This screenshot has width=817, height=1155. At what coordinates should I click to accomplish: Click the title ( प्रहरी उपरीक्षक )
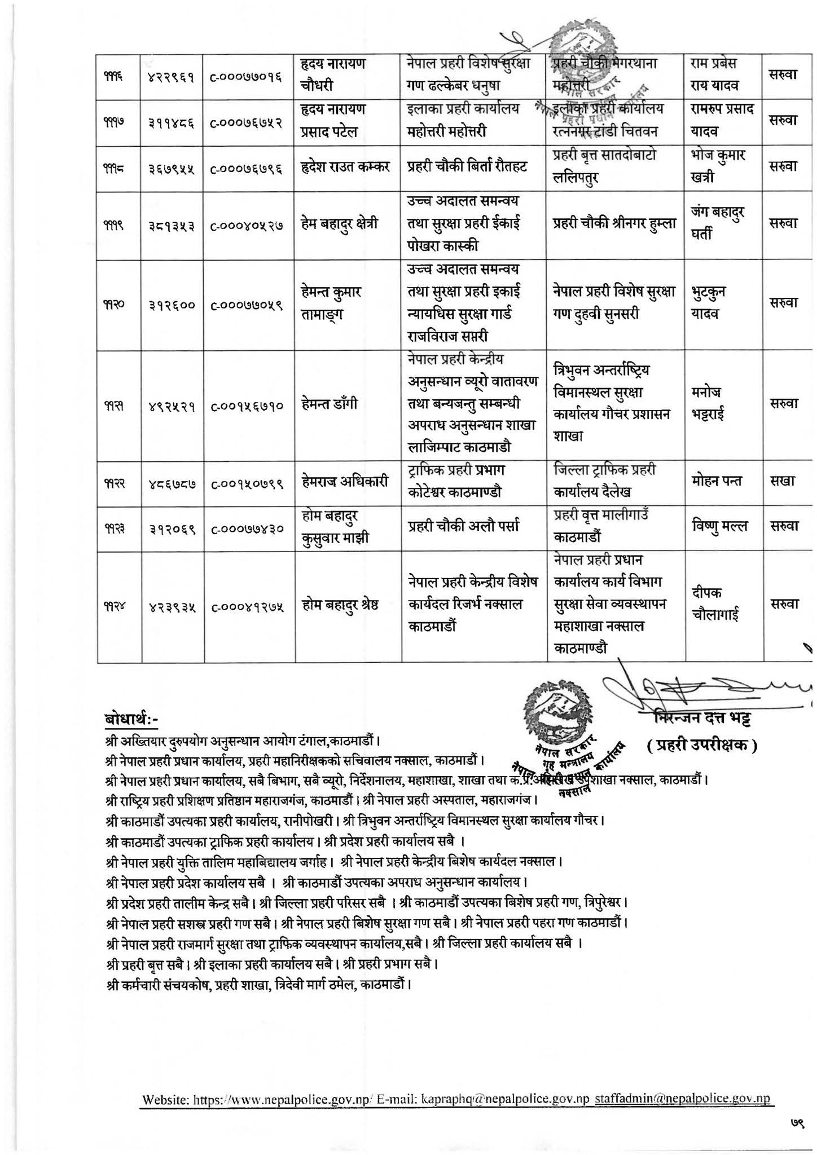(x=702, y=745)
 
